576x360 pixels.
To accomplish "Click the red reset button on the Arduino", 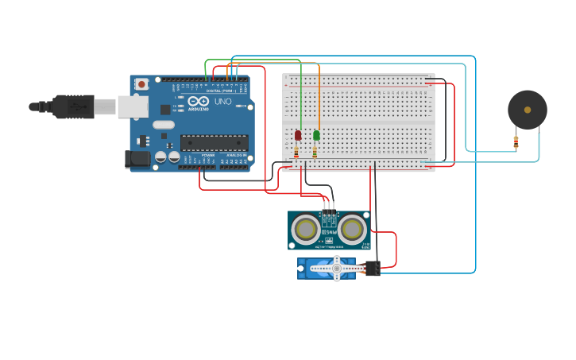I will pos(141,83).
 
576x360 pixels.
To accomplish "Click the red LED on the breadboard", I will pos(298,135).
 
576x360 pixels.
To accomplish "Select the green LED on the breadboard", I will pos(316,135).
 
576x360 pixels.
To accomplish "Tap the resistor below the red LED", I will pos(297,152).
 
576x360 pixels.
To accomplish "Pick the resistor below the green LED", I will pos(315,152).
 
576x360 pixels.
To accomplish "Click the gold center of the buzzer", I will pos(528,110).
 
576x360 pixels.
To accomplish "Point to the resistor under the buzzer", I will pos(516,142).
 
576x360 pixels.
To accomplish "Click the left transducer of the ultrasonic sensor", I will pos(305,229).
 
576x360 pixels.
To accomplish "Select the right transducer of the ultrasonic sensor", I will pos(352,229).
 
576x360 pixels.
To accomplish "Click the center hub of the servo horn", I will pos(336,269).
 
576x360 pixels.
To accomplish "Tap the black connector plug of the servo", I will pos(373,269).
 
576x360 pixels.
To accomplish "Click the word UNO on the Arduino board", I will pos(223,102).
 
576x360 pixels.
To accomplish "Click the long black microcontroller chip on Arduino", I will pos(214,143).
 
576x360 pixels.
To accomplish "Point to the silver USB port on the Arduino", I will pos(133,106).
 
